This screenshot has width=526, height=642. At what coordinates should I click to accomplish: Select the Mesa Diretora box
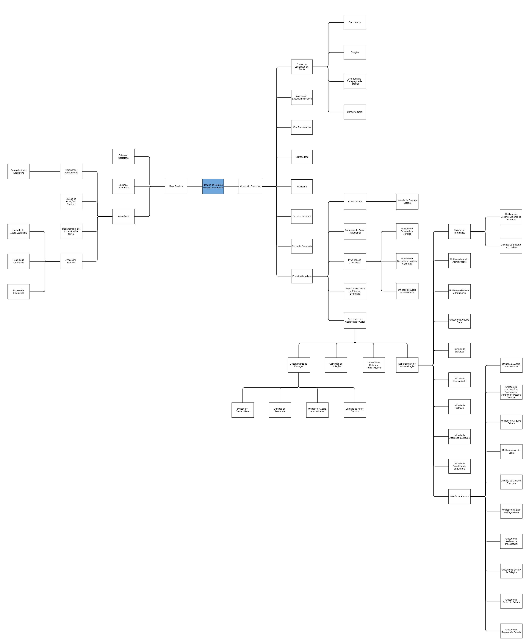click(176, 186)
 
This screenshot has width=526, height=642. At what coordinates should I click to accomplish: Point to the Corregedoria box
click(302, 157)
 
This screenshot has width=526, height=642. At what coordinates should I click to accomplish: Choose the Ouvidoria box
click(302, 186)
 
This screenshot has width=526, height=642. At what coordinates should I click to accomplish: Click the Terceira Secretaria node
click(302, 217)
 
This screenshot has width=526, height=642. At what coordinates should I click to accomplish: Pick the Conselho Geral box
click(355, 112)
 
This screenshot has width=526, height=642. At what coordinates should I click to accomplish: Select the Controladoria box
click(355, 201)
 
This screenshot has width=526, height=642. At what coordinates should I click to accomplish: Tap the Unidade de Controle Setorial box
click(407, 201)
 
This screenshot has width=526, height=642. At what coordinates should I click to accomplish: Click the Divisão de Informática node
click(459, 231)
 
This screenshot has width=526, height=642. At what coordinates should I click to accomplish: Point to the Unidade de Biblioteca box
click(459, 350)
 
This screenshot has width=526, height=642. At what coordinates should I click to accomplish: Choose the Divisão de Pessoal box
click(459, 496)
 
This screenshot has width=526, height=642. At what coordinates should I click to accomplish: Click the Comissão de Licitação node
click(336, 365)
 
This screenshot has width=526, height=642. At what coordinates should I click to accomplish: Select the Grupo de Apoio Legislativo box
click(18, 171)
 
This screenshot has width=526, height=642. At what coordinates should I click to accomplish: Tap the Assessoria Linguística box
click(18, 292)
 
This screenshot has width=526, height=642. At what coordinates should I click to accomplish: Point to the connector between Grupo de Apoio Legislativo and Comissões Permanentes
click(45, 171)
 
